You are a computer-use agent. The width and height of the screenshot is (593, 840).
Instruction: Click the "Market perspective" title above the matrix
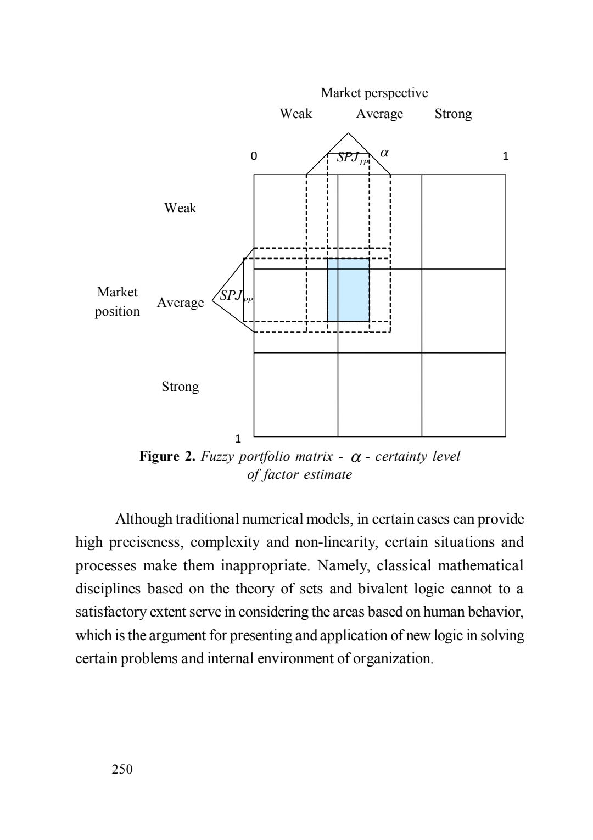[374, 93]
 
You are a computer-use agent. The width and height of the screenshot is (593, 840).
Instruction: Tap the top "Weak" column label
[295, 114]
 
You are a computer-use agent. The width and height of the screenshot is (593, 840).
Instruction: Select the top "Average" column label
[379, 114]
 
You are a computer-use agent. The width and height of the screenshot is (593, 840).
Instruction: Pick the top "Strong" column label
[452, 114]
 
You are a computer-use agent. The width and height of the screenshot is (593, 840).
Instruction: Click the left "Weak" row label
[180, 208]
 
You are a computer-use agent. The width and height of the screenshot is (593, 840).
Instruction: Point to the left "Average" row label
[180, 303]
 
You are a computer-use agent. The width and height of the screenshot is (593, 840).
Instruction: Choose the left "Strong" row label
[180, 387]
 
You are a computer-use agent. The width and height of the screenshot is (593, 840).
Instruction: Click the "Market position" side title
[117, 301]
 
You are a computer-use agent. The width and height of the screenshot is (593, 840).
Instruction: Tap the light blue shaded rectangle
[348, 289]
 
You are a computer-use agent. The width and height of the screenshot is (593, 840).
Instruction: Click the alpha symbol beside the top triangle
[384, 153]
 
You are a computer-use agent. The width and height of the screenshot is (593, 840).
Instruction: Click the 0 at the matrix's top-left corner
[253, 156]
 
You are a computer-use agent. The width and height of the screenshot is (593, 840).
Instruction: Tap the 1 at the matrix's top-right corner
[506, 156]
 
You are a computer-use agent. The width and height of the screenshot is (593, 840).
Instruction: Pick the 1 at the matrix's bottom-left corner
[238, 439]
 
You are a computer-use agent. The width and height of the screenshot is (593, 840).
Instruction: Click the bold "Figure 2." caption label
[167, 456]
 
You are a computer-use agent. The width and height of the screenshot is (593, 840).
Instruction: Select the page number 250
[122, 769]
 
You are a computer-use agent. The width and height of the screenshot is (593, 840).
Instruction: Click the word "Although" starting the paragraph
[143, 519]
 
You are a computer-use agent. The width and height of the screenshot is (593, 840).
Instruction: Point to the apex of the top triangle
[348, 133]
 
